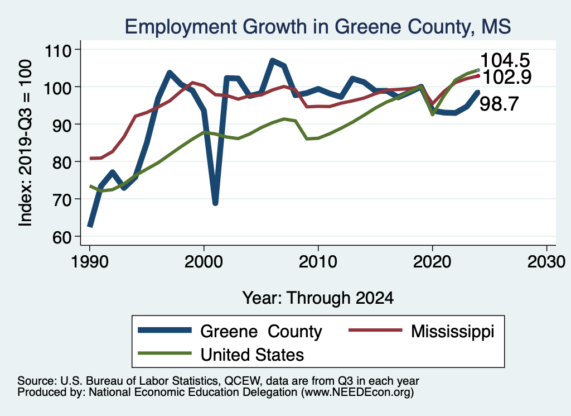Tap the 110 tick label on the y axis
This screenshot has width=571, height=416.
tap(57, 50)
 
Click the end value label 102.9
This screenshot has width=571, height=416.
tap(505, 77)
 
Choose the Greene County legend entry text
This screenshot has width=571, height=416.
tap(261, 332)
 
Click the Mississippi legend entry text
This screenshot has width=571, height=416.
tap(452, 331)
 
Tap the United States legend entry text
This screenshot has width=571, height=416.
tap(252, 354)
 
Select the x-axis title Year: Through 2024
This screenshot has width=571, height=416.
tap(318, 298)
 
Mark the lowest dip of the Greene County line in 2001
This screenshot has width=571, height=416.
tap(215, 203)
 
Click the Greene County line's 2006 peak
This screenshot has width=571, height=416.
tap(272, 60)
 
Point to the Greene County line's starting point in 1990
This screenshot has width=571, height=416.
tap(89, 226)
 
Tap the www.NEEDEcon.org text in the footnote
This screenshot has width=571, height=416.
tap(357, 393)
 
